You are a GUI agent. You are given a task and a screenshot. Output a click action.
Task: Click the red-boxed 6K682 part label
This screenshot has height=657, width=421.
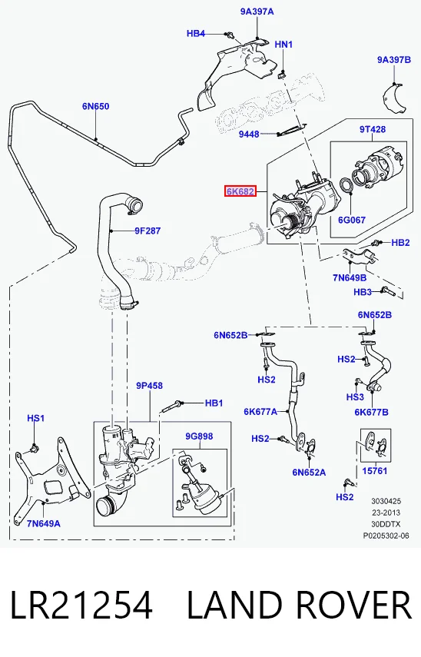pyautogui.click(x=240, y=191)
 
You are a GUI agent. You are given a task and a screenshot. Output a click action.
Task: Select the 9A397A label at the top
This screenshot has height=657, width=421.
pyautogui.click(x=257, y=12)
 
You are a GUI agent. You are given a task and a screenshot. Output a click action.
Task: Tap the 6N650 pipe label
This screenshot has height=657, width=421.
pyautogui.click(x=95, y=107)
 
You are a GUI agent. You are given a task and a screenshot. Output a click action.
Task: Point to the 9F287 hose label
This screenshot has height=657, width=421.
pyautogui.click(x=148, y=231)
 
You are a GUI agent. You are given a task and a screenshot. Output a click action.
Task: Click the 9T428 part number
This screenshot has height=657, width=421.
pyautogui.click(x=373, y=129)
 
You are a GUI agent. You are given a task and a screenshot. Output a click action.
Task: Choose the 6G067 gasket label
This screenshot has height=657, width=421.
pyautogui.click(x=352, y=220)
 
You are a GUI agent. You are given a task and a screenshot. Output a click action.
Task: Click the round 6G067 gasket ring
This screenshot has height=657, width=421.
pyautogui.click(x=346, y=186)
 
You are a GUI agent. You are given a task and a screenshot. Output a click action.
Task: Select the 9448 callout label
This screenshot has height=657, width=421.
pyautogui.click(x=249, y=134)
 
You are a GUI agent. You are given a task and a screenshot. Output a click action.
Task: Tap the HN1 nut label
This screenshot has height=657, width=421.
pyautogui.click(x=283, y=45)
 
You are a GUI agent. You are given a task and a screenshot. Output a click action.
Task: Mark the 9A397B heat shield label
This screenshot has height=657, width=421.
pyautogui.click(x=394, y=60)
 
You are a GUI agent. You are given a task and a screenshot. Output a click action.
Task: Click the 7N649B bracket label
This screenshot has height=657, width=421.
pyautogui.click(x=350, y=278)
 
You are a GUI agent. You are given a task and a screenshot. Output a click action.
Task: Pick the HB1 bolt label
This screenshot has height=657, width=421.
pyautogui.click(x=214, y=403)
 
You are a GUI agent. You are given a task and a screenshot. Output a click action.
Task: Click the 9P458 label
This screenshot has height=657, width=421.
pyautogui.click(x=149, y=386)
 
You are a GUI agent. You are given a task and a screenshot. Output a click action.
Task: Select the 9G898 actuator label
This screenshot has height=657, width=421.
pyautogui.click(x=199, y=436)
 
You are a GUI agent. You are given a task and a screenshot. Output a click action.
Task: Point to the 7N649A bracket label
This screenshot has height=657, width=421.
pyautogui.click(x=44, y=524)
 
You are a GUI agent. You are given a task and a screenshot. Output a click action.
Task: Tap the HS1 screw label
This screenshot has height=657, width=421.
pyautogui.click(x=35, y=418)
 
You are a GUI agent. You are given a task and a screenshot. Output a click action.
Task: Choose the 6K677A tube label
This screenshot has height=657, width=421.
pyautogui.click(x=260, y=412)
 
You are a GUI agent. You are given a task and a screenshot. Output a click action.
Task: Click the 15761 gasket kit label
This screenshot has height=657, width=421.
pyautogui.click(x=374, y=471)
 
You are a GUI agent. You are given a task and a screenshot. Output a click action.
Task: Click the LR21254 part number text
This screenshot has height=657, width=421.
pyautogui.click(x=81, y=606)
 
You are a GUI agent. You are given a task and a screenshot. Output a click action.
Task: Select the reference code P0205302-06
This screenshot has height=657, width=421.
pyautogui.click(x=386, y=536)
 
